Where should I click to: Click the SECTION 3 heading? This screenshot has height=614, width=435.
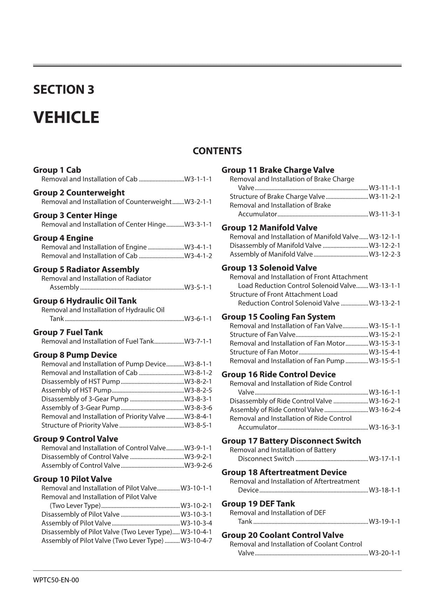[63, 90]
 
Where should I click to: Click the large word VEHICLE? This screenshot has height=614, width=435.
[66, 117]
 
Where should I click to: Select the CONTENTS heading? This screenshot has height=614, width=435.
[217, 151]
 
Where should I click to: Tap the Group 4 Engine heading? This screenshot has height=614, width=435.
[63, 238]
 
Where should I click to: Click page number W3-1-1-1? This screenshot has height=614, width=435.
[198, 179]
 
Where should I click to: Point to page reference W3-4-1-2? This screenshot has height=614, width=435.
[198, 256]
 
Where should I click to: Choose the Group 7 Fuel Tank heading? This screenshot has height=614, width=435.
[68, 332]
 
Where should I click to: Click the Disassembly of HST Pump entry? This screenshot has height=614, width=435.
[81, 382]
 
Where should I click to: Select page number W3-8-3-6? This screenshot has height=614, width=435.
[198, 408]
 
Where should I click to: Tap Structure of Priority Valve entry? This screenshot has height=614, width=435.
[80, 425]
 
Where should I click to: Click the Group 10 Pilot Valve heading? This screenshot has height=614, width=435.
[72, 479]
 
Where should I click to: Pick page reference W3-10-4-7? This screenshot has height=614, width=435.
[196, 540]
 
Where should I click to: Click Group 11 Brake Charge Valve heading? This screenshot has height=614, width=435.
[278, 170]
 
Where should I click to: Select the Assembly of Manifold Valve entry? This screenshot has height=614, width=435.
[271, 254]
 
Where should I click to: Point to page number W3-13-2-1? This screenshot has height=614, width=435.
[384, 303]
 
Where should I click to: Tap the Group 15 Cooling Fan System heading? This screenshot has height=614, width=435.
[278, 317]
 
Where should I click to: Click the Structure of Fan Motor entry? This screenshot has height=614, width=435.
[264, 352]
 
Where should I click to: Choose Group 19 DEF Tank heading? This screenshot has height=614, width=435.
[258, 504]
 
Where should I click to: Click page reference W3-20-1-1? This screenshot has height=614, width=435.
[384, 553]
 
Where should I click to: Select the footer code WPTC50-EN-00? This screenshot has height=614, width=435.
[56, 580]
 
